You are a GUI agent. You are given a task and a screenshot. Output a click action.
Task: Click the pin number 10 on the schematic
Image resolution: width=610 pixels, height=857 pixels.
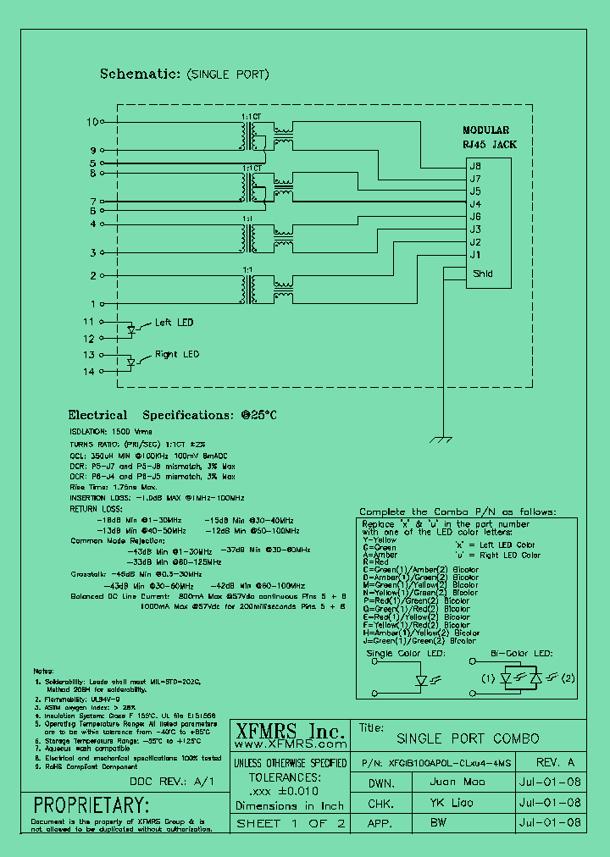[92, 122]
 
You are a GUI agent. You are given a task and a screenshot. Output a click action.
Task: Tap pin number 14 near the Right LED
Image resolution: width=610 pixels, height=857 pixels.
[89, 372]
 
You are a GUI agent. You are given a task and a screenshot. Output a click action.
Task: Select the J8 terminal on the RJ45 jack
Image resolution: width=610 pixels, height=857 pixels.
[475, 166]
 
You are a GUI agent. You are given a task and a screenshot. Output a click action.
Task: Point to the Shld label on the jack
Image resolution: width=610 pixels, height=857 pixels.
[483, 274]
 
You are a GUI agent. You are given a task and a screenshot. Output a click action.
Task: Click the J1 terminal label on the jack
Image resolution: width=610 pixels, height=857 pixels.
[475, 255]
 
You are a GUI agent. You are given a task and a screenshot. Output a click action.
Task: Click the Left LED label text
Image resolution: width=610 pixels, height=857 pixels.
[174, 323]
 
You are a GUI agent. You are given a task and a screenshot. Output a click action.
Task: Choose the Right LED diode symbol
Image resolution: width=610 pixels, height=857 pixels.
[131, 362]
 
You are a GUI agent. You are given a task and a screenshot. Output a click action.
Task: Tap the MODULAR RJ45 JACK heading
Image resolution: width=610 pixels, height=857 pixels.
[485, 137]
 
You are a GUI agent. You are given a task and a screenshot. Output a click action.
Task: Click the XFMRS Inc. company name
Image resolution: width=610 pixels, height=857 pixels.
[289, 732]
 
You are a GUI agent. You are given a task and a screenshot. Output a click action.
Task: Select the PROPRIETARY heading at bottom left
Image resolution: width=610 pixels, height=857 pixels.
[91, 804]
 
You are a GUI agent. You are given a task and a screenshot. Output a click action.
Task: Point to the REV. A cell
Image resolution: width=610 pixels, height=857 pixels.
[555, 762]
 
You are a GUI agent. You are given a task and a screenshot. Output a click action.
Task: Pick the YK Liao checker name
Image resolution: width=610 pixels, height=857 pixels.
[450, 802]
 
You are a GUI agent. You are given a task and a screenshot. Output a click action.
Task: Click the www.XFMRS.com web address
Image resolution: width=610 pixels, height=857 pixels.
[289, 745]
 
